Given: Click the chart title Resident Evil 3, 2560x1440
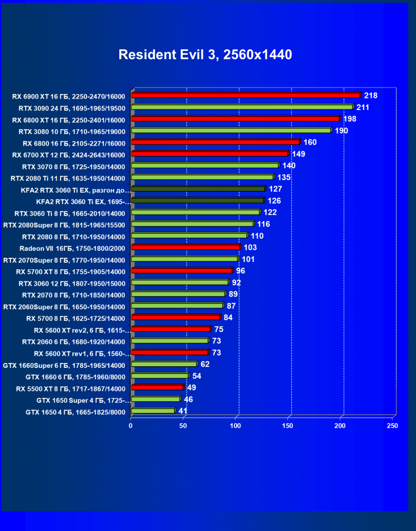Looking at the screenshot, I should tap(205, 55).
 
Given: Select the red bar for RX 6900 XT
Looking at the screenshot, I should tap(246, 95).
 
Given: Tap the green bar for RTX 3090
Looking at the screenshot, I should tap(242, 107).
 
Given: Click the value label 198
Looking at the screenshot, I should tap(350, 119).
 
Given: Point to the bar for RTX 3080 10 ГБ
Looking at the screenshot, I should tap(231, 130).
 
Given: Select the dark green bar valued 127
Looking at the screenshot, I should tap(198, 189).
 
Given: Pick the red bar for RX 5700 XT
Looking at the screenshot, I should tap(182, 270).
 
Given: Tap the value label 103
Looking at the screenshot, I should tap(250, 247).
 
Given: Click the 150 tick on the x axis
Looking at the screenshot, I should tap(288, 425).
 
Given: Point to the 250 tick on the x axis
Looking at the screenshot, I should tap(392, 425).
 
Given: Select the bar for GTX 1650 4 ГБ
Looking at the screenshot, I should tap(153, 411).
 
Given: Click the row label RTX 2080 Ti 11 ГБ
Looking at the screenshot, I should tap(68, 178).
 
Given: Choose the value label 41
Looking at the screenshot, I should tap(183, 411).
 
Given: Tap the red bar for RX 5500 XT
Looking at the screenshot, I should tap(157, 388).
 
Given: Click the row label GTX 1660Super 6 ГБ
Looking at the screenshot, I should tap(64, 365).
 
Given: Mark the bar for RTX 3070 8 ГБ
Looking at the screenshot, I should tap(205, 165).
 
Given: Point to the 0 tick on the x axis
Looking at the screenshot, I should tap(131, 425).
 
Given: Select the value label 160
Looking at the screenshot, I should tap(310, 142).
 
